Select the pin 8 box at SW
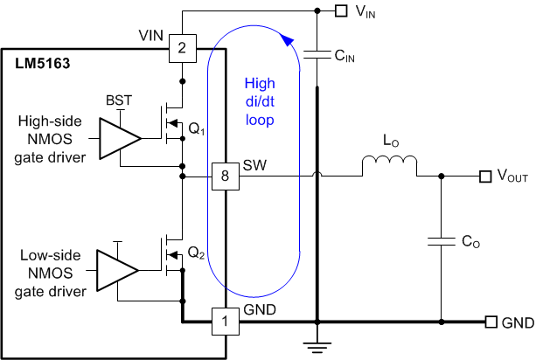click(x=225, y=178)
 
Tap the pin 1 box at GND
click(x=225, y=322)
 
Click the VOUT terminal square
click(x=484, y=177)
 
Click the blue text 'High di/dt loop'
click(x=259, y=101)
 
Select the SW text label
click(x=254, y=165)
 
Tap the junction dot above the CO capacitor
click(x=440, y=177)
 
